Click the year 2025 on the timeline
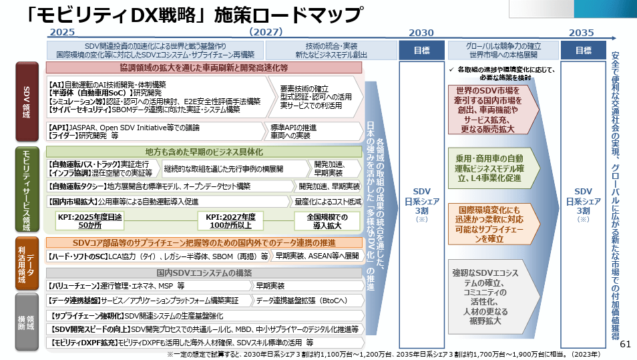point(61,32)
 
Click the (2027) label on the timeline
point(266,32)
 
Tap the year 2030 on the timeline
point(421,32)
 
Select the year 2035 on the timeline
point(581,32)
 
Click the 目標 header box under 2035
point(583,50)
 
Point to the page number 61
point(626,345)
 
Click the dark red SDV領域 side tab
point(27,101)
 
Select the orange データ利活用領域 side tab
point(27,262)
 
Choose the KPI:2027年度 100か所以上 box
point(230,221)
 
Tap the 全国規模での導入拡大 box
point(327,221)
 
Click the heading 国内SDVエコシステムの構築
point(204,273)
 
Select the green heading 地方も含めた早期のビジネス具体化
point(204,152)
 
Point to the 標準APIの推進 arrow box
point(294,131)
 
